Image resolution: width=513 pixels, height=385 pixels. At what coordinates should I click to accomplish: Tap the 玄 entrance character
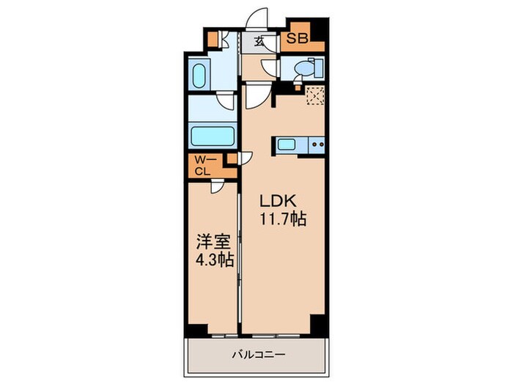click(x=260, y=41)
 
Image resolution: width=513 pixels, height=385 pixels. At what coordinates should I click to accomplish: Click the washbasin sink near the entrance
click(x=198, y=76)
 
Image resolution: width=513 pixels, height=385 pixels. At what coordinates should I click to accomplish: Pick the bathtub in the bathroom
click(x=212, y=136)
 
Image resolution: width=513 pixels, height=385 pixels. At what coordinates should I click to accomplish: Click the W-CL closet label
click(x=203, y=165)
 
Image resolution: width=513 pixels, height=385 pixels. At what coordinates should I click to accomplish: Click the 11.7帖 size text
click(x=281, y=219)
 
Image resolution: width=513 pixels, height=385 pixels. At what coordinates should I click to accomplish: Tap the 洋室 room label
click(x=207, y=240)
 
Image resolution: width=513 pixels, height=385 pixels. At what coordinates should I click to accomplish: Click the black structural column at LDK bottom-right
click(x=317, y=321)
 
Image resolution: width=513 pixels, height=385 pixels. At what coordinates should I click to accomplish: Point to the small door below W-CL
click(x=218, y=187)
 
